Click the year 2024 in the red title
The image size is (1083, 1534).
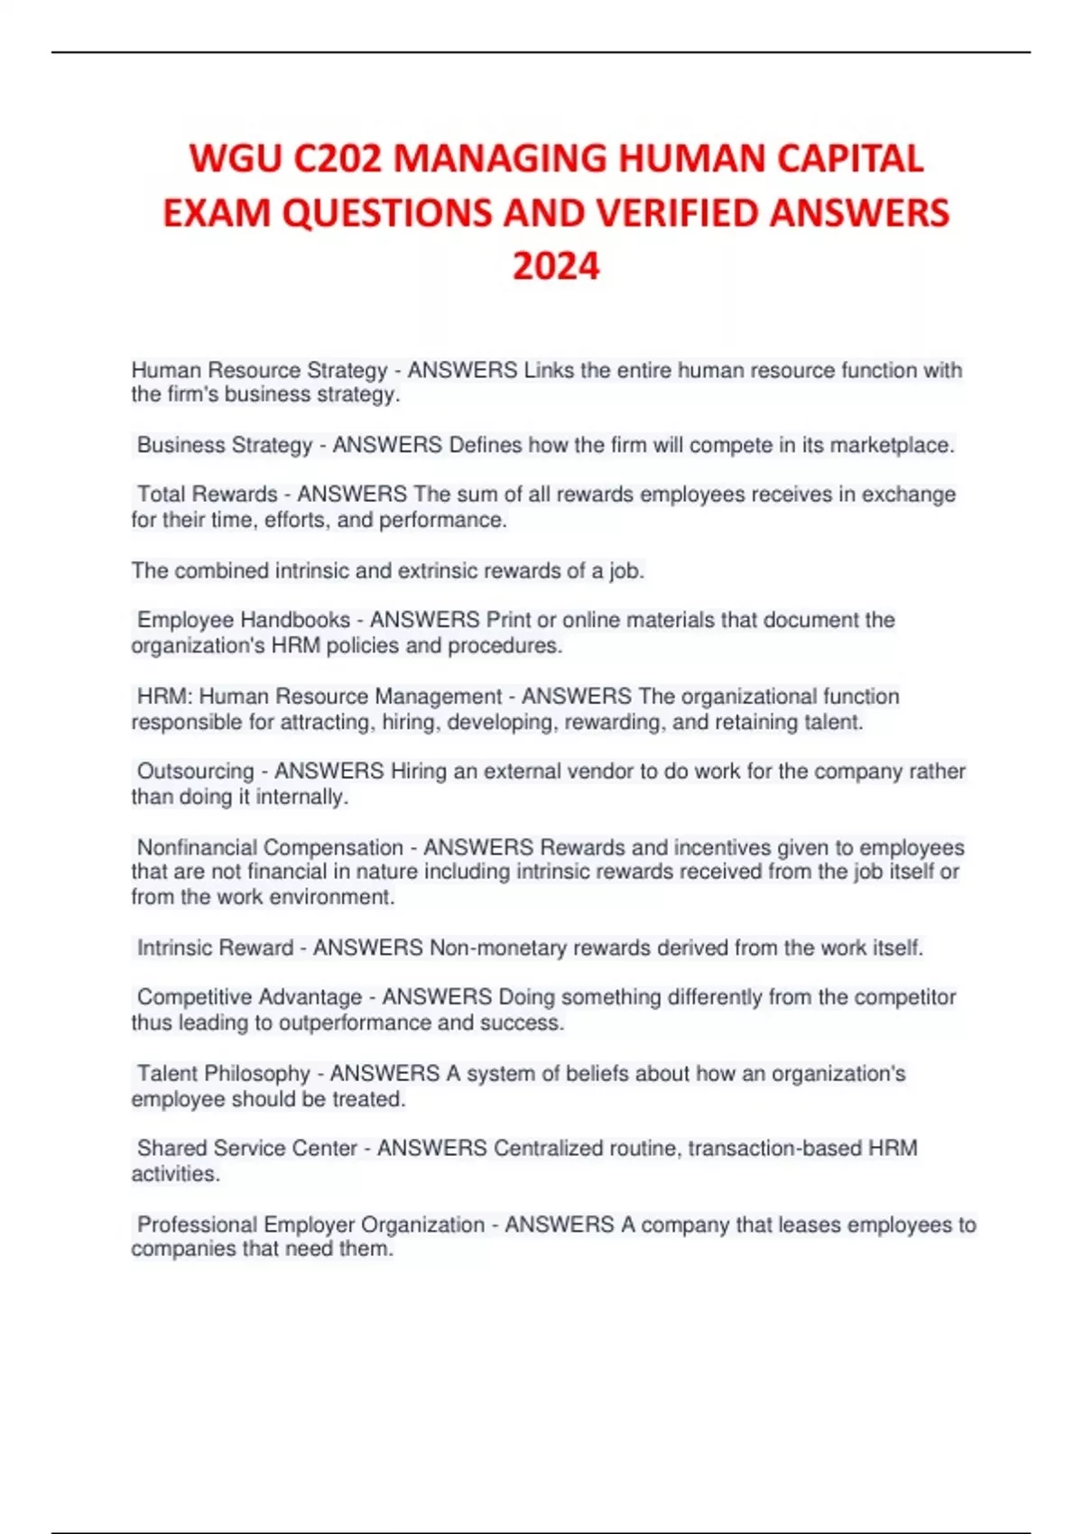coord(556,266)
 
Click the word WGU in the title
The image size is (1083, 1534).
coord(234,159)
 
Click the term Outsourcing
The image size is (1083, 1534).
coord(196,772)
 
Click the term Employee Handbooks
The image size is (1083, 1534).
coord(244,620)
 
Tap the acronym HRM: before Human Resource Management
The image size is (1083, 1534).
coord(164,697)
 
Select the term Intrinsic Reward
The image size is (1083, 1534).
coord(215,947)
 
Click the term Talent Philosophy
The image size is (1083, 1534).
coord(224,1073)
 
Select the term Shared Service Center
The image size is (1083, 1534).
coord(247,1148)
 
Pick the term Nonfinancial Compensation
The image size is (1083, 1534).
coord(270,847)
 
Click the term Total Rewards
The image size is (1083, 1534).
coord(208,494)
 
